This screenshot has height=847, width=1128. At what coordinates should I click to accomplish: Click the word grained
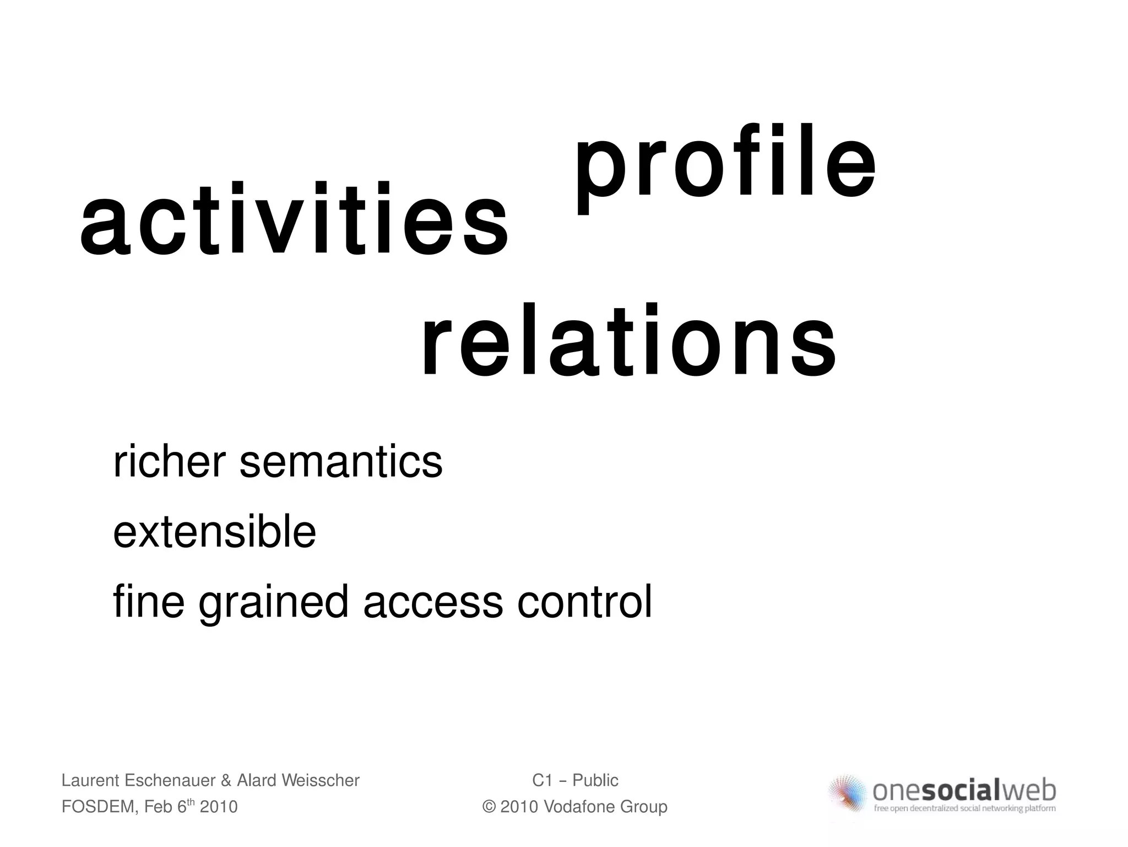pyautogui.click(x=273, y=602)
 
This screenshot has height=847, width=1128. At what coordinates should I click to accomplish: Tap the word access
pyautogui.click(x=433, y=602)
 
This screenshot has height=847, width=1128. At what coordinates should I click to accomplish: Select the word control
pyautogui.click(x=584, y=602)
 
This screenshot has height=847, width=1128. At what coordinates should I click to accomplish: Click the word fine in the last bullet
pyautogui.click(x=148, y=602)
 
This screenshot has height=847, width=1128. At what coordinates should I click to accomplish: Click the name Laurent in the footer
pyautogui.click(x=90, y=780)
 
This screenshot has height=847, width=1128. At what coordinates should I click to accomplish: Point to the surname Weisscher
pyautogui.click(x=320, y=780)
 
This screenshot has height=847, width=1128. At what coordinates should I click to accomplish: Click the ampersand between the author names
pyautogui.click(x=225, y=781)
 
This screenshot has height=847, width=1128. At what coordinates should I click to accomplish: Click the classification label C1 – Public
pyautogui.click(x=575, y=780)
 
